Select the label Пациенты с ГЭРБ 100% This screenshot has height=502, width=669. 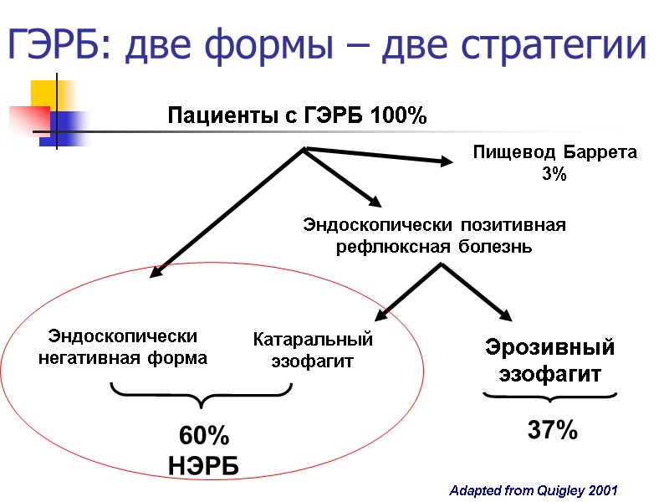coord(298,115)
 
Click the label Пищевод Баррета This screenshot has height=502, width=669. coord(554,153)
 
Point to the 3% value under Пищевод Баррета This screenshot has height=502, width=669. coord(554,175)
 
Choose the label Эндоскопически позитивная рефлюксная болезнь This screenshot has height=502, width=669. coord(434,236)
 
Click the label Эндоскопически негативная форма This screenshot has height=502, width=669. coord(123,347)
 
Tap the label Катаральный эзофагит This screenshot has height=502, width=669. coord(313,351)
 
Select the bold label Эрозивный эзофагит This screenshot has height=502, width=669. coord(550,361)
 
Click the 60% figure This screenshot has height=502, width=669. coord(205,436)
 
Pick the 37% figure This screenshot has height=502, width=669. coord(552,432)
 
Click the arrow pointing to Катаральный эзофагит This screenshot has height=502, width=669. coord(407,291)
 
